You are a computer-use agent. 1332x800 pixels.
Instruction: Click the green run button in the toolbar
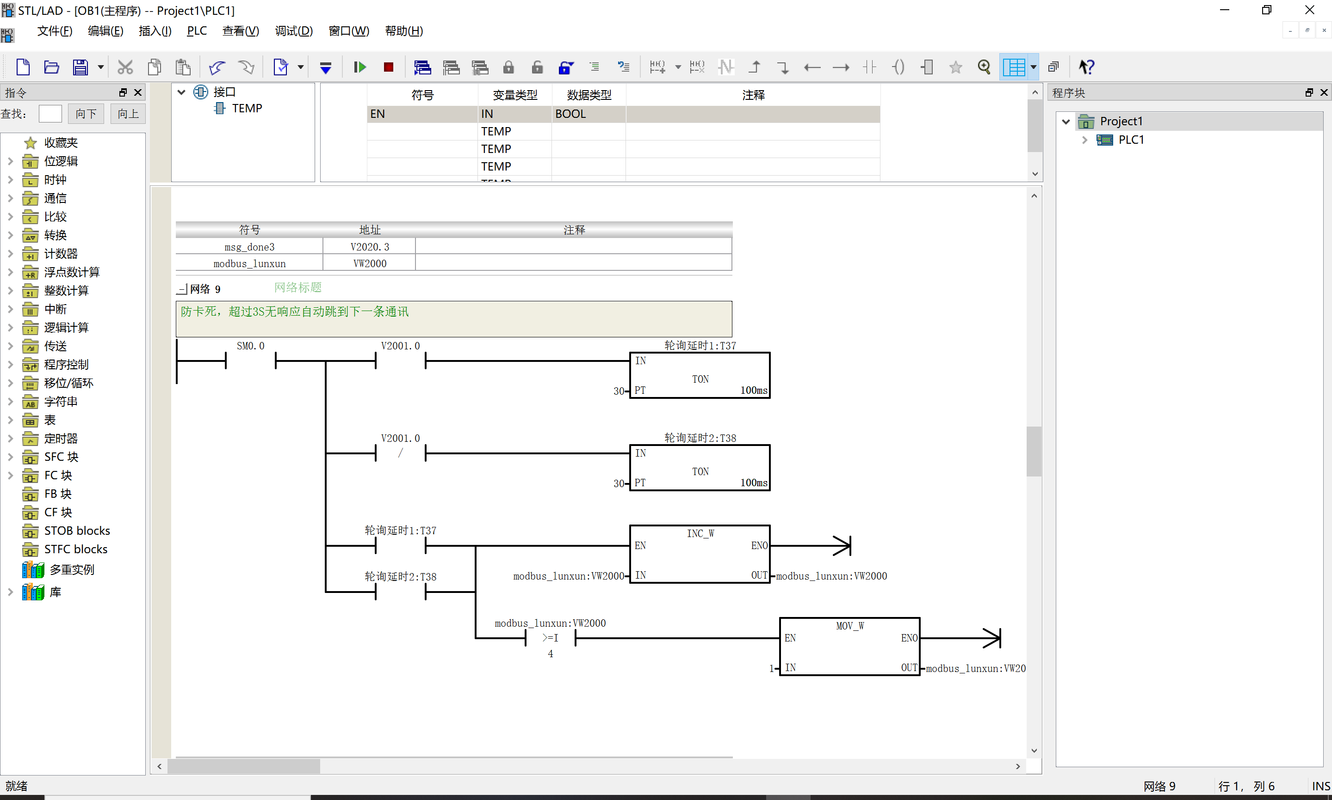[x=360, y=67]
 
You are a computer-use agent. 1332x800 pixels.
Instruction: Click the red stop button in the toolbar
[x=389, y=67]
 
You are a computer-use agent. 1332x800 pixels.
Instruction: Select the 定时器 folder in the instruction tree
[x=61, y=438]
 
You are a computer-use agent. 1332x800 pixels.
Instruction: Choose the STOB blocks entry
[x=77, y=531]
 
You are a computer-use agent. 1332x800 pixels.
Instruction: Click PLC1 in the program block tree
[x=1131, y=140]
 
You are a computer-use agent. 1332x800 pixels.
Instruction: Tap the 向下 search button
[x=86, y=114]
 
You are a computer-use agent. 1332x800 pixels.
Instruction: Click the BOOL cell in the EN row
[x=589, y=114]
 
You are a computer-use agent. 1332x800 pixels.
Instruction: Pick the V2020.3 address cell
[x=370, y=247]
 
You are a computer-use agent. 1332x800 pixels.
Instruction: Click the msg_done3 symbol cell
[x=249, y=247]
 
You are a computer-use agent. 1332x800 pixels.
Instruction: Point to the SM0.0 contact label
[x=250, y=346]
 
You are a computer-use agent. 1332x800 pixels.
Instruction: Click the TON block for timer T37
[x=700, y=376]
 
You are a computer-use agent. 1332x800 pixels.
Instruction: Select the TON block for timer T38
[x=700, y=468]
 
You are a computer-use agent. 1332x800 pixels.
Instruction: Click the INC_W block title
[x=700, y=533]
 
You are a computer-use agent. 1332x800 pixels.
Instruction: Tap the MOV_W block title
[x=850, y=626]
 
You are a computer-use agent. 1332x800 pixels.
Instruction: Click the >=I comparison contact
[x=550, y=638]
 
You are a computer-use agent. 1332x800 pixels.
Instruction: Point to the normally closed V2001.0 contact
[x=400, y=453]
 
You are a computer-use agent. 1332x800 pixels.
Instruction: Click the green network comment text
[x=295, y=311]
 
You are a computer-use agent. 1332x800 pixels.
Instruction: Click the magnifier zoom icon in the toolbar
[x=984, y=67]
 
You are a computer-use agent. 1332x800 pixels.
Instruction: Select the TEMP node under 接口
[x=247, y=108]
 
